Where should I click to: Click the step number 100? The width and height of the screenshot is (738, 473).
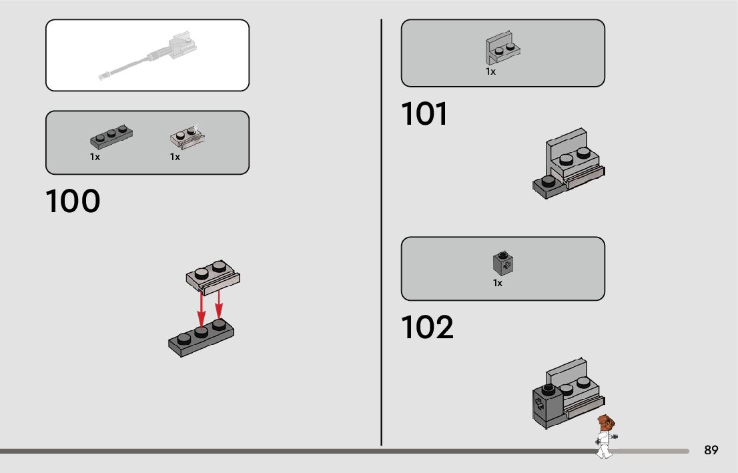(73, 201)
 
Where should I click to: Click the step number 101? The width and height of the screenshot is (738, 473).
(424, 114)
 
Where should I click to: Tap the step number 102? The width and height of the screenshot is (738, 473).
(427, 327)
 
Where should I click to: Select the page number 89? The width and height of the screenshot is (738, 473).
(711, 450)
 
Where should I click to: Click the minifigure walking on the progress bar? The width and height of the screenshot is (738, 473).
(605, 436)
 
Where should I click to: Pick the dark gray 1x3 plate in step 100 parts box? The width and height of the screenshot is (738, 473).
(109, 138)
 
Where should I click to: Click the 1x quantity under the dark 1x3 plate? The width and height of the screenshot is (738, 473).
(95, 157)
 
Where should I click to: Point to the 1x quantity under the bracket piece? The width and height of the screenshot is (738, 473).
(490, 71)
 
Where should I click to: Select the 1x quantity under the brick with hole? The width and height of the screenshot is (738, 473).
(498, 283)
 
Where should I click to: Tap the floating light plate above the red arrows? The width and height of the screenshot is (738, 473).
(213, 276)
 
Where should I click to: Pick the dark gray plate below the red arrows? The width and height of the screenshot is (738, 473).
(201, 338)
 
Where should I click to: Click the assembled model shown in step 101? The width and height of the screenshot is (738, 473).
(569, 165)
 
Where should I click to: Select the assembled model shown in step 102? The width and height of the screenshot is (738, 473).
(567, 393)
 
